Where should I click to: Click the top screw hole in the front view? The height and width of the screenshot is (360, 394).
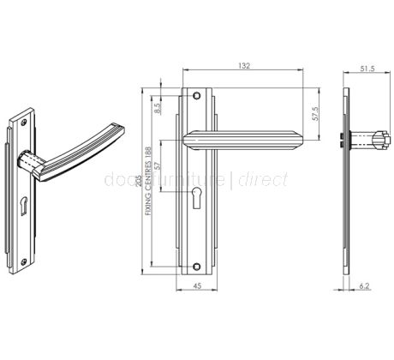tap(197, 95)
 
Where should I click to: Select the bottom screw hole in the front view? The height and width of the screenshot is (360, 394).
tap(197, 262)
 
